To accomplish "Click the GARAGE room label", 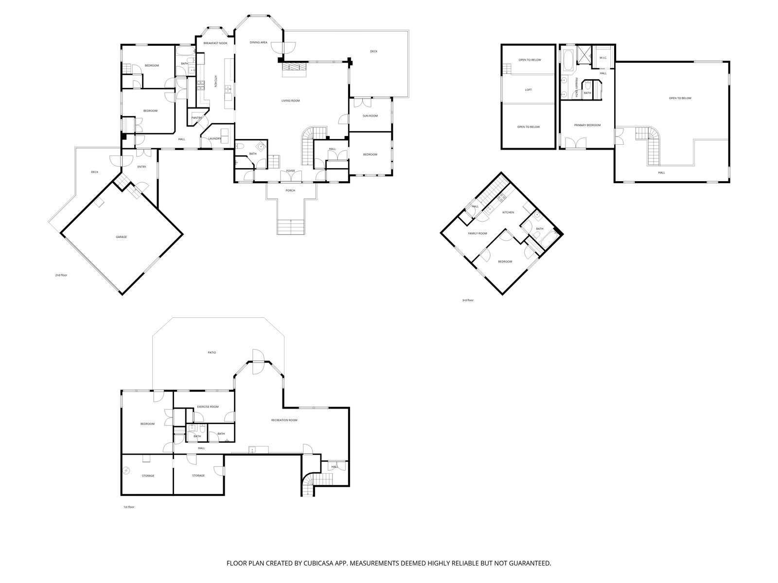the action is click(121, 237).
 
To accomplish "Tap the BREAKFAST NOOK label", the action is click(215, 43).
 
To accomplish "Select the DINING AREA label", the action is click(258, 42).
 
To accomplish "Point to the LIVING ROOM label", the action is click(291, 101).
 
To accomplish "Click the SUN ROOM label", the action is click(370, 116).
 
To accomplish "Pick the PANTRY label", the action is click(196, 118).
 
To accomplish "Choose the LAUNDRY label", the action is click(214, 139).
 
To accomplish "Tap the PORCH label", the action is click(290, 190).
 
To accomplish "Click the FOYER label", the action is click(291, 171).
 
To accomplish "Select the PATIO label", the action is click(212, 353).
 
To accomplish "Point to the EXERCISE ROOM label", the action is click(208, 407).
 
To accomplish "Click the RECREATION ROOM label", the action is click(284, 420).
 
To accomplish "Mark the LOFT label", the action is click(528, 90).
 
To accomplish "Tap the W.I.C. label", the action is click(603, 58).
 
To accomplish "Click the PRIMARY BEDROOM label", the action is click(587, 125).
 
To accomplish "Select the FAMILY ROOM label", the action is click(477, 234).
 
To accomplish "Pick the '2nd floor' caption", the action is click(61, 275).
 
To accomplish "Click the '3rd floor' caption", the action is click(467, 300).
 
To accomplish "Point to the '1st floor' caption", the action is click(129, 507).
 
